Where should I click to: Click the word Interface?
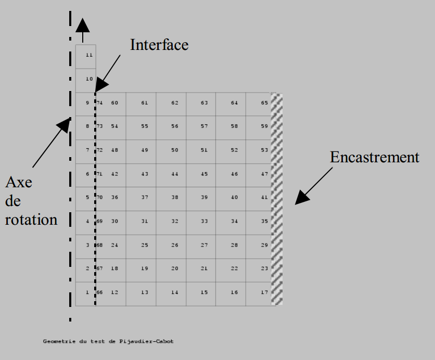159,45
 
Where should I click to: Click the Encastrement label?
374,157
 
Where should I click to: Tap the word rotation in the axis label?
31,220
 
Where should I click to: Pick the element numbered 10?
86,80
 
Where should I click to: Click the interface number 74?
99,103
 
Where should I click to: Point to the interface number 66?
99,292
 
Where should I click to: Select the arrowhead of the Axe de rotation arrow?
64,125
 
